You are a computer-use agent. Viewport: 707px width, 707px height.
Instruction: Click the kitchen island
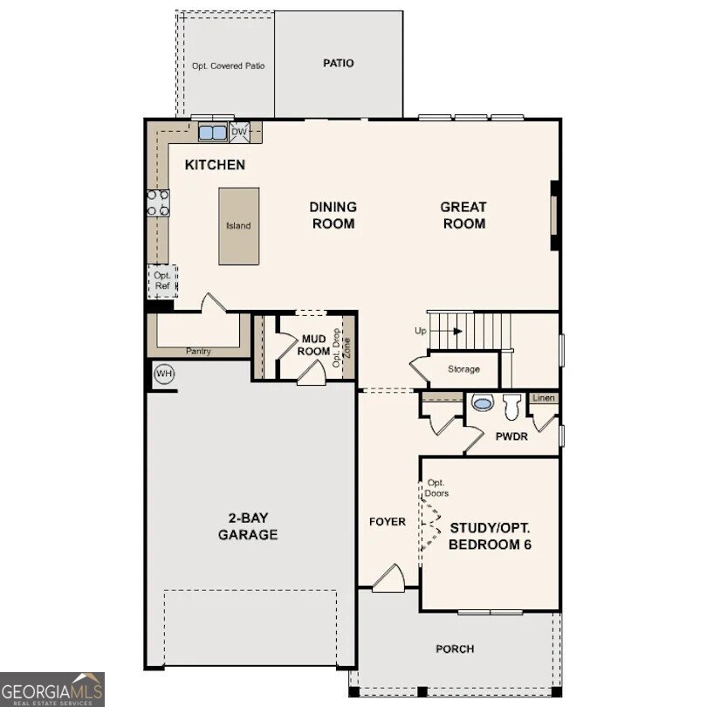(238, 225)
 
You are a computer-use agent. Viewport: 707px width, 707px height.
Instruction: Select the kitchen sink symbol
(212, 133)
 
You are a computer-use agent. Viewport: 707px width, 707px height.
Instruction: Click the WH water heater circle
(163, 374)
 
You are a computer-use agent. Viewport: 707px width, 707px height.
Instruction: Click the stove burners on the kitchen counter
(158, 203)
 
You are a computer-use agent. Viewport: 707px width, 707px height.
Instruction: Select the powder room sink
(482, 403)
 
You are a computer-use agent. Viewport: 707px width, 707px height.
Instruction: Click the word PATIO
(339, 64)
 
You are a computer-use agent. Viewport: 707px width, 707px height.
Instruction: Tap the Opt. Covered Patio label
(229, 65)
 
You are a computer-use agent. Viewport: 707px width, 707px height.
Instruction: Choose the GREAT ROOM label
(463, 215)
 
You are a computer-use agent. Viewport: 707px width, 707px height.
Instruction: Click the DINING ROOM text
(333, 215)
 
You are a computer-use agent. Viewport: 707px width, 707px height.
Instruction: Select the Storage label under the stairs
(463, 369)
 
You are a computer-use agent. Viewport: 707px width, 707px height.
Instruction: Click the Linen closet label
(544, 398)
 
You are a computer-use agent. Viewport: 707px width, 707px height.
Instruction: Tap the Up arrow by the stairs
(440, 331)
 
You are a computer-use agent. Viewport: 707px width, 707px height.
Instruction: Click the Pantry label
(198, 352)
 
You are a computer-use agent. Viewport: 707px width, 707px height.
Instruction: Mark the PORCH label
(455, 649)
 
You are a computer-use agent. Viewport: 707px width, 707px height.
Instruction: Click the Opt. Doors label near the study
(436, 488)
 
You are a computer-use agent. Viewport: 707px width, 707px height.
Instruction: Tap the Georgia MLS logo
(52, 689)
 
